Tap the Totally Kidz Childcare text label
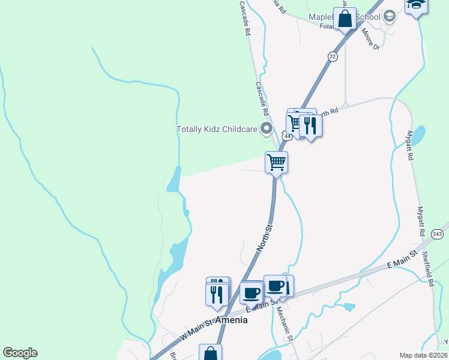pyautogui.click(x=217, y=129)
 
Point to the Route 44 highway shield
pyautogui.click(x=288, y=137)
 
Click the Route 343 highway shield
pyautogui.click(x=437, y=233)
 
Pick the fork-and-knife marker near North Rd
pyautogui.click(x=310, y=125)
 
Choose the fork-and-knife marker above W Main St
pyautogui.click(x=217, y=294)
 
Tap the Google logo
pyautogui.click(x=20, y=353)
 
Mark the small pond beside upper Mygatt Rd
pyautogui.click(x=418, y=135)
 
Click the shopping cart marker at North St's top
pyautogui.click(x=276, y=161)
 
